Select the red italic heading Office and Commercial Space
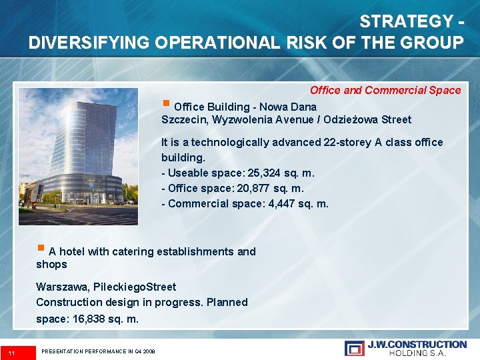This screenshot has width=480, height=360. [x=385, y=90]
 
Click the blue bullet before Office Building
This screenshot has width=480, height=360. [x=166, y=104]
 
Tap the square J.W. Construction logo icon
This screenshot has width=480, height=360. [x=354, y=347]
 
